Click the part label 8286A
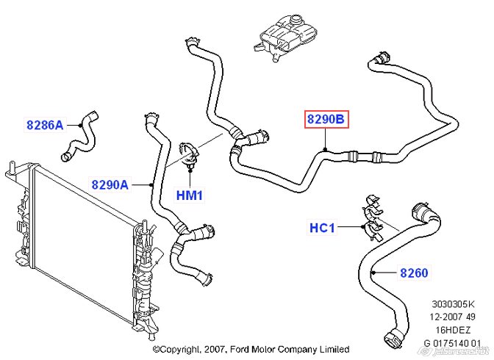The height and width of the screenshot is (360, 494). coord(44,125)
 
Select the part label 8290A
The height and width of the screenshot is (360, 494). coord(110,185)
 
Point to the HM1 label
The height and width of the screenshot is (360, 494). coord(189,195)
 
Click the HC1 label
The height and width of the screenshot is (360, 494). coord(321,228)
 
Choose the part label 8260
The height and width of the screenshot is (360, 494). coord(414,273)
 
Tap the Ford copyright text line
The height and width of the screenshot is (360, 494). coord(251,350)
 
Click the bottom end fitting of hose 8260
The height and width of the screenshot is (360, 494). coord(393,340)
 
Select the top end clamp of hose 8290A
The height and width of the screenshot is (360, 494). coord(150,116)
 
